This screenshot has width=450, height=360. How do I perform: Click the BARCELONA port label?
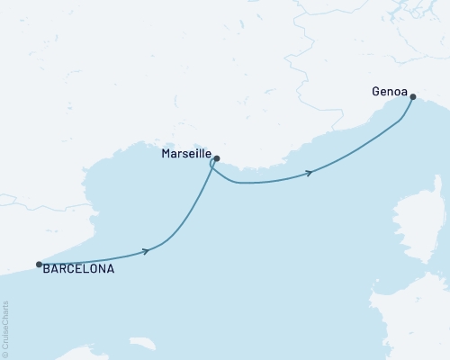[x=78, y=268]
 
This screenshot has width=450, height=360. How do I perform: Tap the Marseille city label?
[x=186, y=155]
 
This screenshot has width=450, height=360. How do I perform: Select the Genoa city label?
[x=388, y=92]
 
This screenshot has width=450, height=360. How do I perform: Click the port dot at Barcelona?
[x=39, y=265]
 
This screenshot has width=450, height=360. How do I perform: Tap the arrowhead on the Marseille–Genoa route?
[x=310, y=172]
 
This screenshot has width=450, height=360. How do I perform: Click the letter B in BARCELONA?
[x=46, y=268]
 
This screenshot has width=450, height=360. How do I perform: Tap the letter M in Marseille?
[x=166, y=155]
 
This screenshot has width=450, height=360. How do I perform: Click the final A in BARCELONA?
[x=111, y=268]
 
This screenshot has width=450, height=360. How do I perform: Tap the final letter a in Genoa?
[x=402, y=92]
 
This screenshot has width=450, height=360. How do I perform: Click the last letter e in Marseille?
[x=207, y=155]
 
